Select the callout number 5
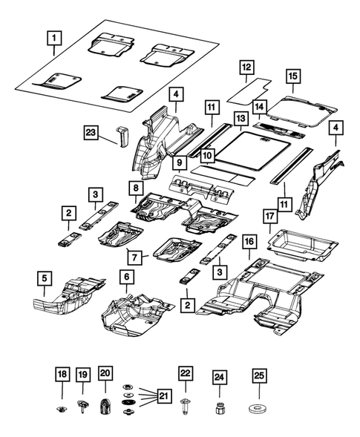(x=44, y=279)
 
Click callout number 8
(x=134, y=188)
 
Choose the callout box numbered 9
(x=179, y=161)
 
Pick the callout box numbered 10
(x=206, y=156)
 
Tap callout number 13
(x=240, y=118)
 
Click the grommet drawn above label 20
(x=105, y=407)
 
